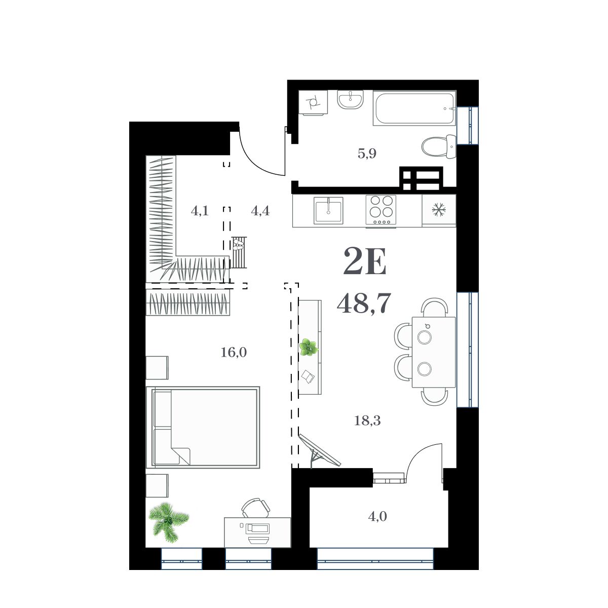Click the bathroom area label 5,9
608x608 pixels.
coord(367,154)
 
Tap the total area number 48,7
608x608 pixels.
coord(363,303)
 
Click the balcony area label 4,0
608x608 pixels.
coord(378,517)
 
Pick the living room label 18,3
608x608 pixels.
coord(367,421)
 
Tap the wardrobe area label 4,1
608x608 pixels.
coord(200,211)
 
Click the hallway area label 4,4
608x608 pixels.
coord(260,211)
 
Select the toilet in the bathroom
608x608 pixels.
coord(439,146)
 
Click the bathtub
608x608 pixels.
coord(414,108)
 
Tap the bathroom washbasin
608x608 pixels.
coord(350,99)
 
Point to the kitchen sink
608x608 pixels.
coord(328,210)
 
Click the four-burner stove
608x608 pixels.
coord(381,210)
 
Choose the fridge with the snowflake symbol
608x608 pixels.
coord(439,210)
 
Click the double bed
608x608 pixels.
coord(203,427)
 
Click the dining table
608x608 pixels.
coord(434,352)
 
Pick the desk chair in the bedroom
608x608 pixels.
coord(255,507)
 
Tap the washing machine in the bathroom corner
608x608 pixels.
coord(312,103)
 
